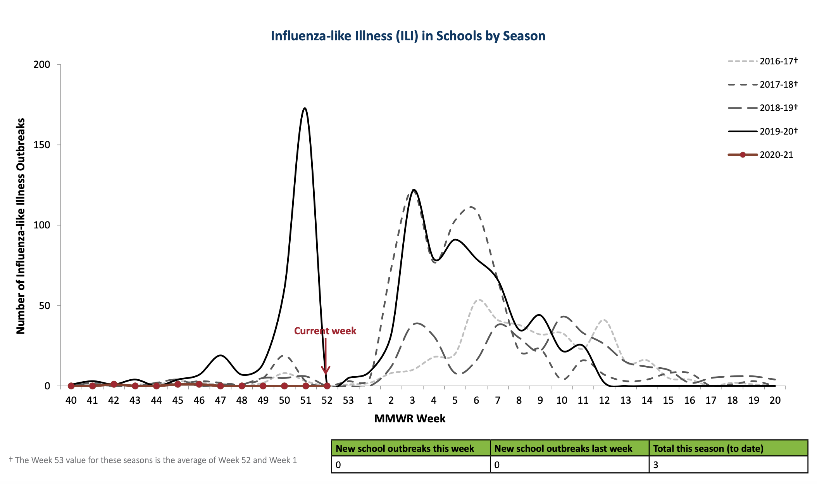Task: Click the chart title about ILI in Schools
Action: pos(408,36)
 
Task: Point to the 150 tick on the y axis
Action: pos(42,145)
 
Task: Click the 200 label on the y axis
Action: pos(42,64)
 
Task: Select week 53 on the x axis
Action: pos(348,400)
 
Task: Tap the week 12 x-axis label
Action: pos(604,400)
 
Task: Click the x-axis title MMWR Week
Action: pos(410,418)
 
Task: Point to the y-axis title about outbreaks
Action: pos(20,226)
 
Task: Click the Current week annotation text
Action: pos(325,331)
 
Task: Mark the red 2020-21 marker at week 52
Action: pos(327,386)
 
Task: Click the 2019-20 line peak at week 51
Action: pos(305,109)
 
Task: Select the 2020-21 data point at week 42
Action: pos(114,384)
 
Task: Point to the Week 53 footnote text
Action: pos(153,460)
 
